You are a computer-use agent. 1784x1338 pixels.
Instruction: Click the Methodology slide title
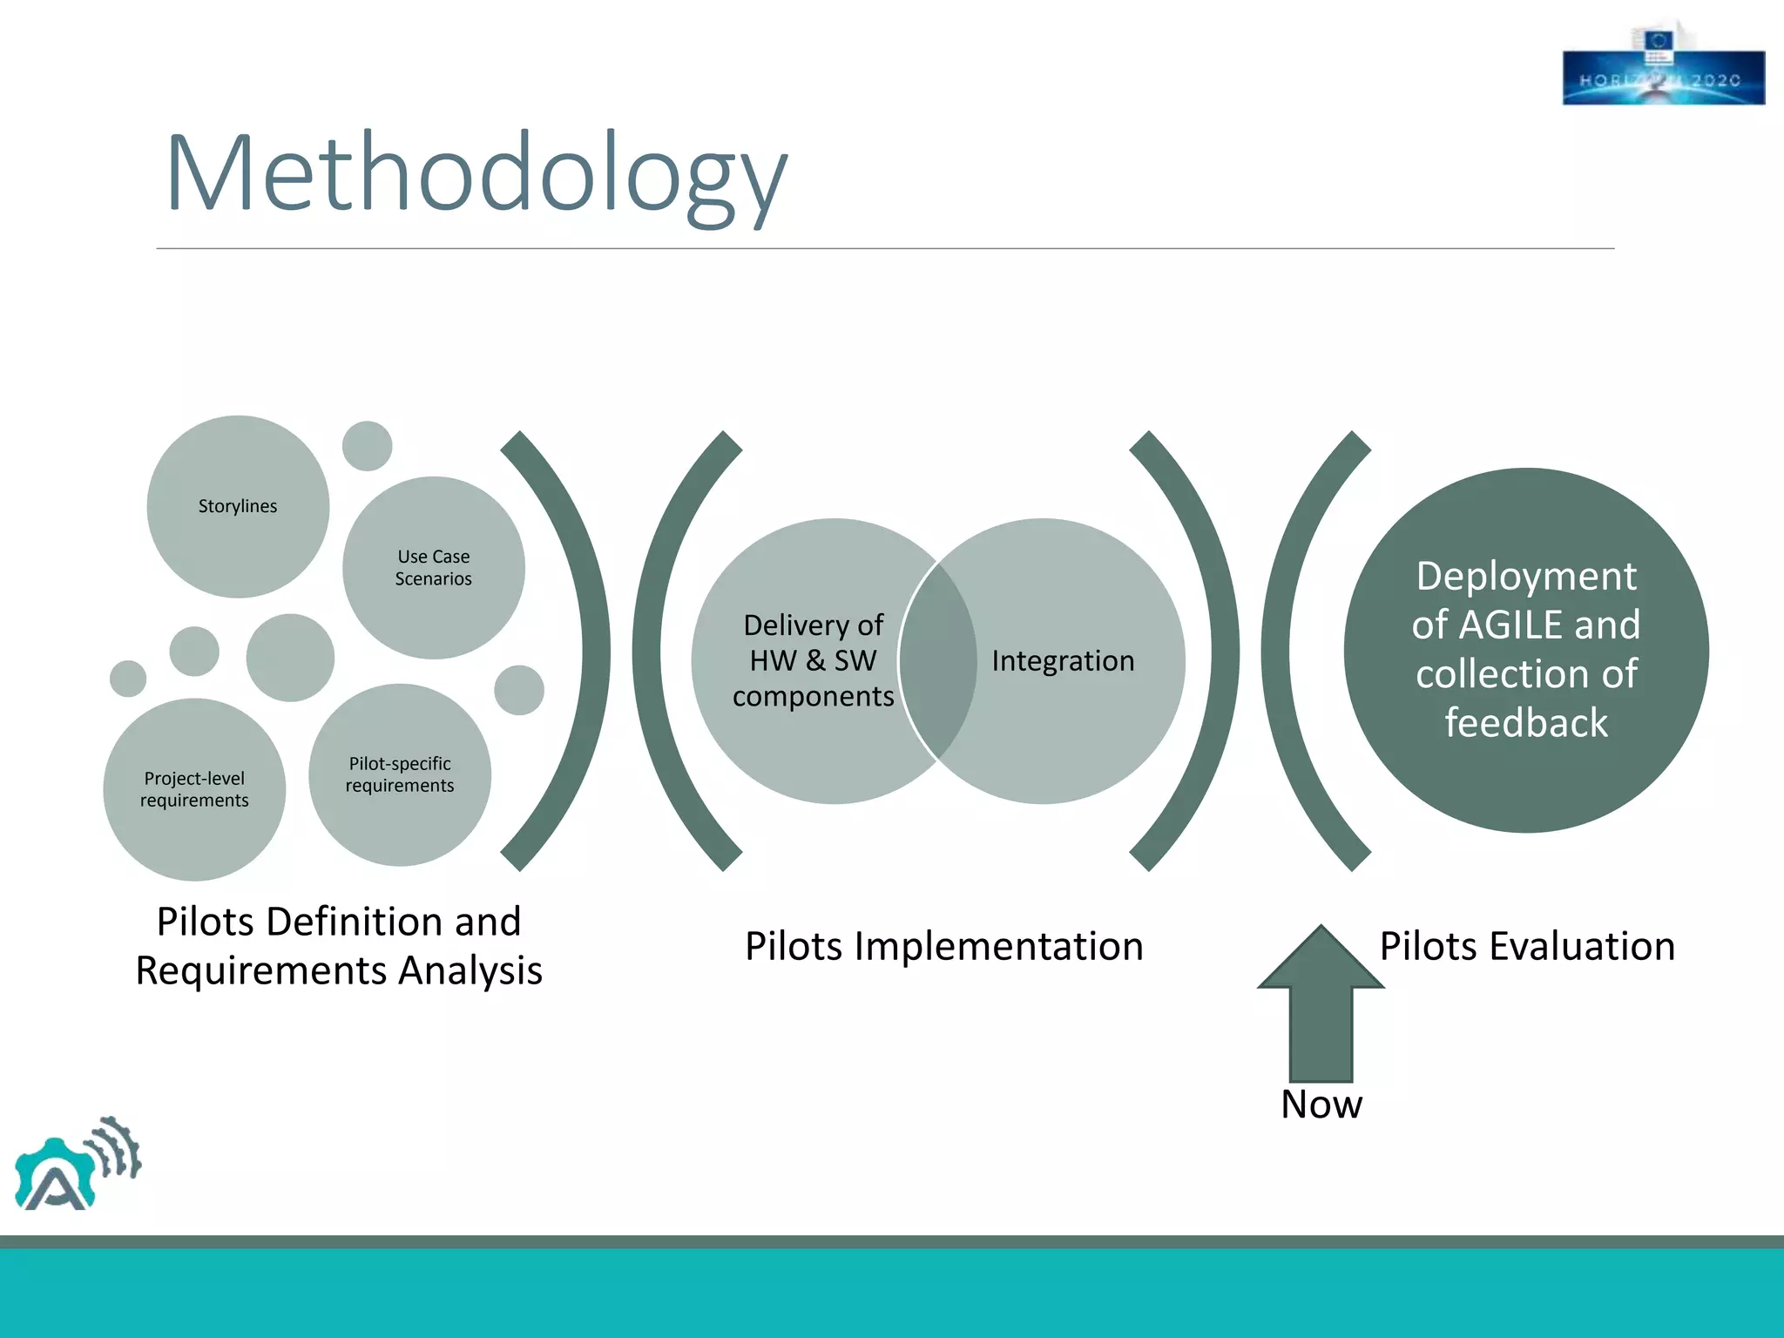pyautogui.click(x=476, y=174)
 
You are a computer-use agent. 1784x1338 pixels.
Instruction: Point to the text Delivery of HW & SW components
pyautogui.click(x=813, y=660)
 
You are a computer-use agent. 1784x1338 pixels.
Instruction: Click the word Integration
pyautogui.click(x=1063, y=661)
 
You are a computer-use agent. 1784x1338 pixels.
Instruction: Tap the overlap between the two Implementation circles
pyautogui.click(x=937, y=661)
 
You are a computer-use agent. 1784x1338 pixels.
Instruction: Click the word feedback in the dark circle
pyautogui.click(x=1526, y=723)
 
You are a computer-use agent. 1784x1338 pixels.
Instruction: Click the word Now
pyautogui.click(x=1321, y=1105)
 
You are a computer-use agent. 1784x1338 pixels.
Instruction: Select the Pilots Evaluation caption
pyautogui.click(x=1527, y=946)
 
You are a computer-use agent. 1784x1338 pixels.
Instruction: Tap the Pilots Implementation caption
pyautogui.click(x=943, y=946)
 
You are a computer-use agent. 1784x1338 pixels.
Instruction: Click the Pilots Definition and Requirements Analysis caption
pyautogui.click(x=339, y=946)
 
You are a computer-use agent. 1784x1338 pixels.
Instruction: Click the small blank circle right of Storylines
pyautogui.click(x=367, y=446)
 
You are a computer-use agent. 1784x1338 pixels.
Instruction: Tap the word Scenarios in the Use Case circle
pyautogui.click(x=433, y=579)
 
